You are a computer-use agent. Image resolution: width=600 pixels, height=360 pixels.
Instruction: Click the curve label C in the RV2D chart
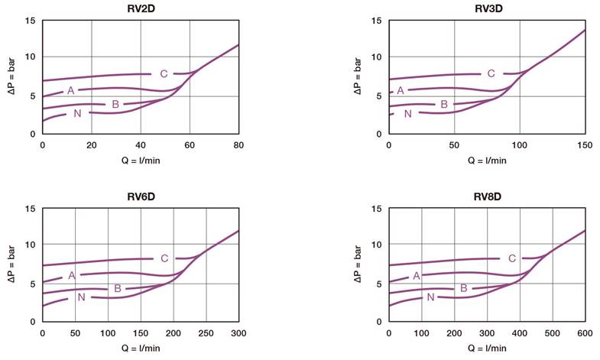164,73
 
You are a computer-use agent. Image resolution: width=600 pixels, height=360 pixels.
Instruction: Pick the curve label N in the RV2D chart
77,113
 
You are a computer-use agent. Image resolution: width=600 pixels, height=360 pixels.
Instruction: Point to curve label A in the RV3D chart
400,90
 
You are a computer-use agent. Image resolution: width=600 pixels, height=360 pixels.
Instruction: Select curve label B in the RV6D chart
118,288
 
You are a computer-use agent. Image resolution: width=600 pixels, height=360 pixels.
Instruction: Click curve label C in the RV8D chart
512,258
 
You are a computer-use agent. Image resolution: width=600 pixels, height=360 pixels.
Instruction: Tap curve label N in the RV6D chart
81,297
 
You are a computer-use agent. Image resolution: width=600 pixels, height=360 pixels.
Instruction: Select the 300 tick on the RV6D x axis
238,333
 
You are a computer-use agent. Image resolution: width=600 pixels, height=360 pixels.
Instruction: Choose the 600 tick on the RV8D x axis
585,333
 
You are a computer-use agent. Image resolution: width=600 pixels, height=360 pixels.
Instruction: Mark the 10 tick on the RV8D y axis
377,245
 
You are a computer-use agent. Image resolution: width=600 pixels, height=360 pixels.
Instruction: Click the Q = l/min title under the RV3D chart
486,161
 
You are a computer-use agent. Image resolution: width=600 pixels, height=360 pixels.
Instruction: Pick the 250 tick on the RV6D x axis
206,333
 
